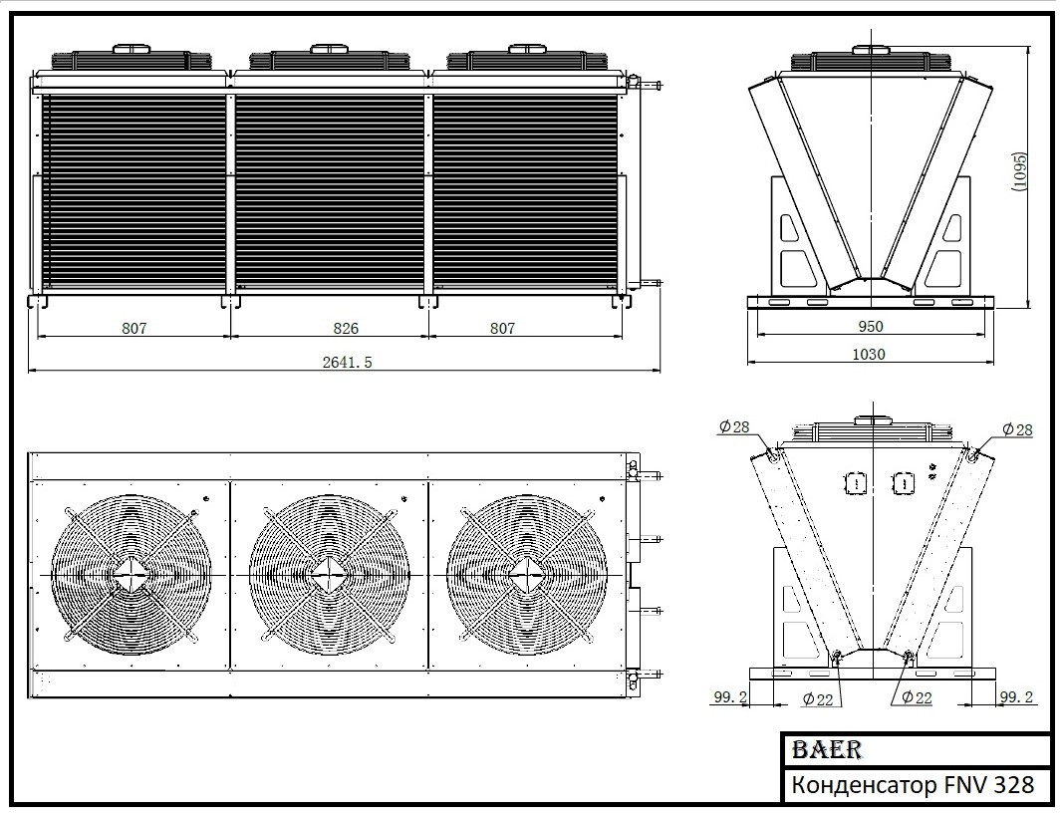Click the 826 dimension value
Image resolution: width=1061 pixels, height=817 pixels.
[346, 328]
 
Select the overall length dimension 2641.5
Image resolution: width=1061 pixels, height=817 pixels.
[347, 362]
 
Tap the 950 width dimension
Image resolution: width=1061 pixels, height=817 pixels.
[871, 327]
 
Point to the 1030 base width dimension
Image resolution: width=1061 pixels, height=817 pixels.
[869, 354]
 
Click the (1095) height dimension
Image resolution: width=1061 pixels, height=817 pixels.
[1020, 171]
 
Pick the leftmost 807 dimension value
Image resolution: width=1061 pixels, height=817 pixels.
[133, 328]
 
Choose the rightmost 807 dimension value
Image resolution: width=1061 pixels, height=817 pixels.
[502, 328]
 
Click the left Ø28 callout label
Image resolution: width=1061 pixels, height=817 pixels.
[734, 426]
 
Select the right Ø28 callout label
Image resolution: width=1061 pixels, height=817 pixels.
[1017, 429]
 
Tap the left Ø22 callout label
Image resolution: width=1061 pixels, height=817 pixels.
[817, 699]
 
